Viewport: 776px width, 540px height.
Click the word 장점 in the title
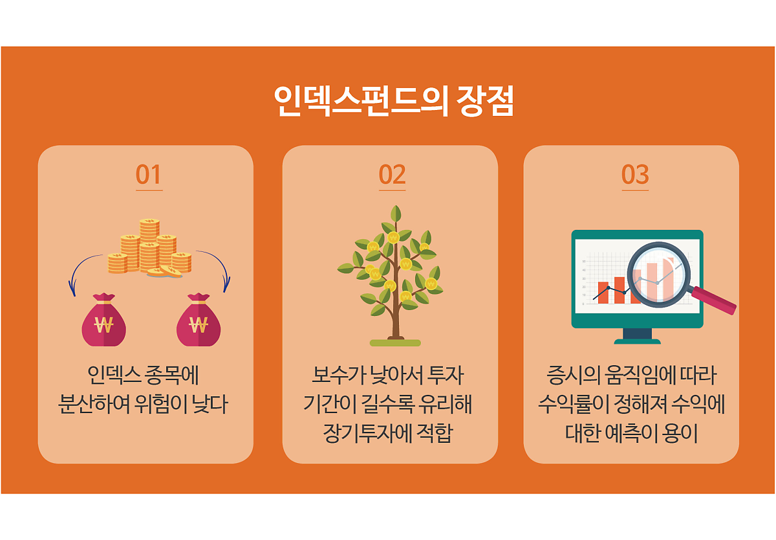tap(485, 100)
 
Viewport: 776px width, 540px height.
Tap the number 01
tap(149, 174)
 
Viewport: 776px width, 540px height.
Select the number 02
tap(392, 174)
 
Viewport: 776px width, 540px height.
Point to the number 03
tap(635, 174)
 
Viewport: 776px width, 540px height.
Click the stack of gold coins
tap(149, 247)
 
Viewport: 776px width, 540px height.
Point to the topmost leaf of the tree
tap(396, 214)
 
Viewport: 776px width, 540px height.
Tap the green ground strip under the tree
tap(395, 343)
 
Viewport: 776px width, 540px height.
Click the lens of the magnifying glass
tap(658, 275)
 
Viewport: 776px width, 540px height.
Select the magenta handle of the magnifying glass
tap(714, 300)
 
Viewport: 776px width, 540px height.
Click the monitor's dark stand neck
tap(637, 333)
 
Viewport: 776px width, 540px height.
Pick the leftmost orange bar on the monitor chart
tap(603, 293)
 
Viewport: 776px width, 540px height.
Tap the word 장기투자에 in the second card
tap(367, 433)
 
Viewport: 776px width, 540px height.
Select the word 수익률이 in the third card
tap(573, 404)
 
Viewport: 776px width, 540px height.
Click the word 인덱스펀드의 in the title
tap(360, 100)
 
